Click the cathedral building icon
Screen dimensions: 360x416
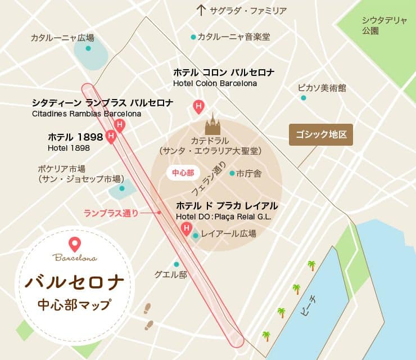(x=212, y=124)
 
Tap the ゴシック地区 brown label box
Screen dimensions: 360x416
(x=320, y=135)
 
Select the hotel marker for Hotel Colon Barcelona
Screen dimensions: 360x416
(x=198, y=105)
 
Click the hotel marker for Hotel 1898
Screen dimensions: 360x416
(x=111, y=137)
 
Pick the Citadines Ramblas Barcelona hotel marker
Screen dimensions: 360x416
(x=119, y=125)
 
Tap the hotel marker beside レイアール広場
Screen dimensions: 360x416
(x=186, y=228)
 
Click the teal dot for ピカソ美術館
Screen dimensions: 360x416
(x=304, y=98)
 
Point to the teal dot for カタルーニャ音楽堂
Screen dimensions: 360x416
(x=193, y=37)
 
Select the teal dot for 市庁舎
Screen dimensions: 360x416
(x=232, y=174)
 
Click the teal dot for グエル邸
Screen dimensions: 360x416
(x=177, y=264)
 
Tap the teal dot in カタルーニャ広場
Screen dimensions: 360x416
(x=88, y=48)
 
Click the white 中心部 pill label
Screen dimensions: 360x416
(x=183, y=173)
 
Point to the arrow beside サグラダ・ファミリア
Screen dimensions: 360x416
(x=201, y=10)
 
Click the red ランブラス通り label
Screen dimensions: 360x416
(x=111, y=213)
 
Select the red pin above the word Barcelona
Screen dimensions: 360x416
(x=74, y=244)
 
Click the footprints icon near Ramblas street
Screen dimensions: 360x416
(x=148, y=316)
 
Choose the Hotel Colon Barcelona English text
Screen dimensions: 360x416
(x=215, y=83)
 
